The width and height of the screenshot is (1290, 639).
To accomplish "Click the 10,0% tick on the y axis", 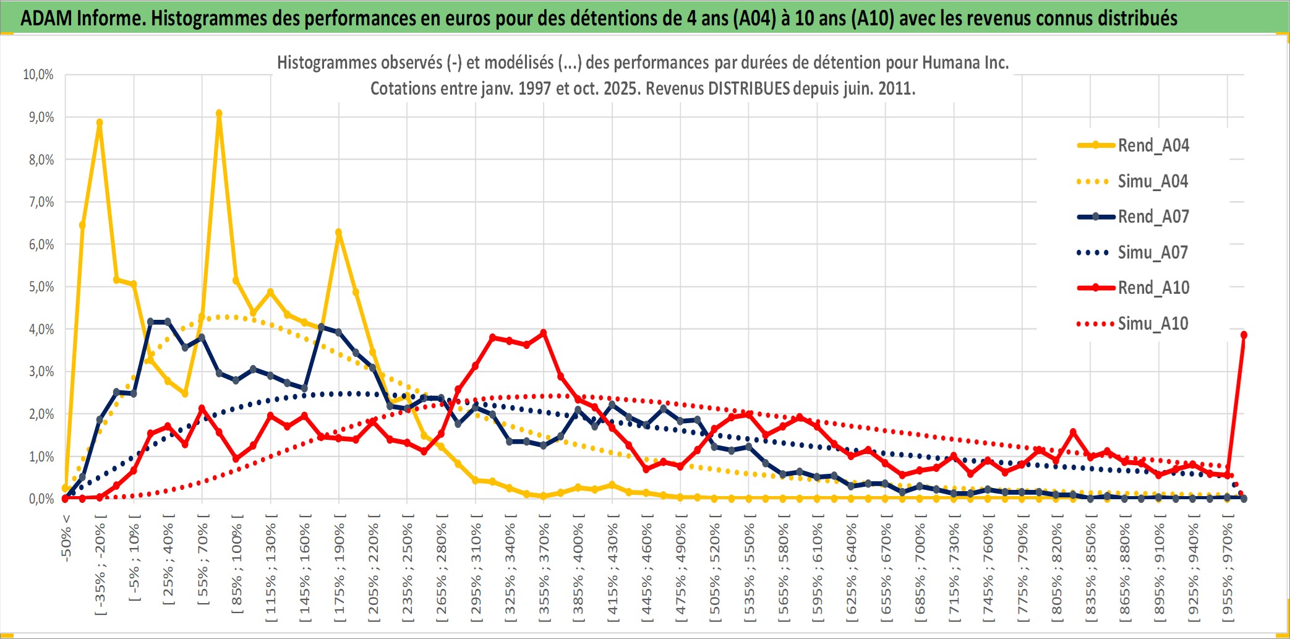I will (38, 75).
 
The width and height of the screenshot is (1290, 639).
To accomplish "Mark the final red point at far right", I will (1244, 335).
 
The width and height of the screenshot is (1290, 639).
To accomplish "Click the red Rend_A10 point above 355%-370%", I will (544, 333).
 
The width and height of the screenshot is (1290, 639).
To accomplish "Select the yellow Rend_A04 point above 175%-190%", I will (338, 233).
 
